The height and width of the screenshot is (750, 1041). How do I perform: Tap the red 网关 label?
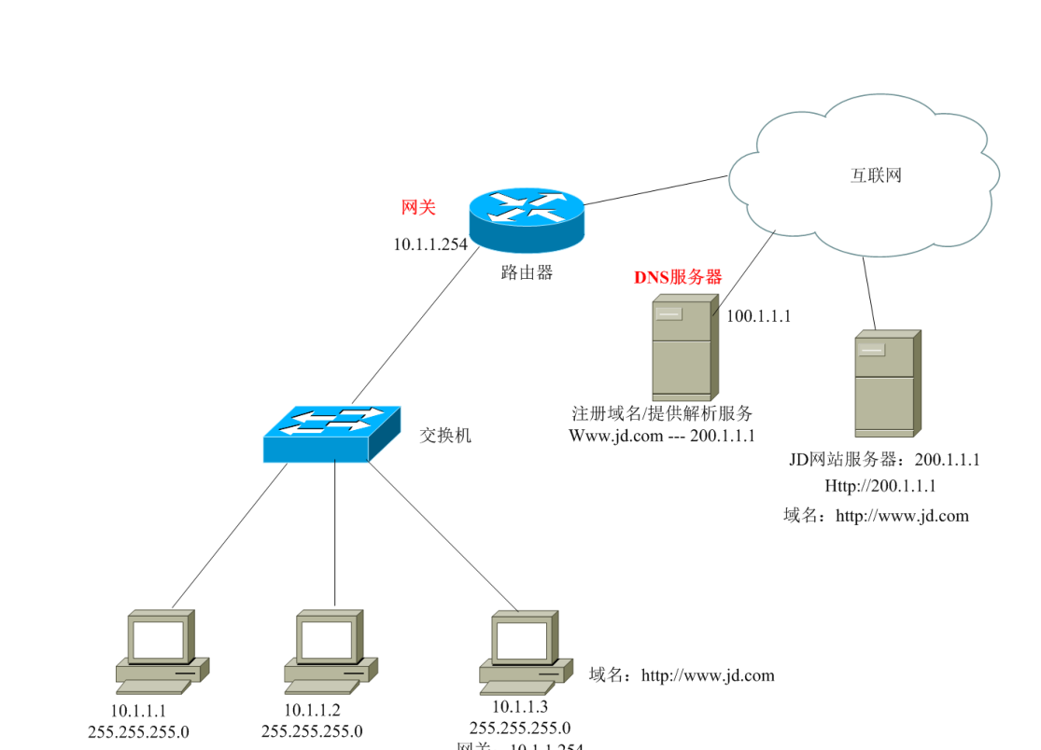418,207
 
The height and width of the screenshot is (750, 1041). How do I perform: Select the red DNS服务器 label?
679,277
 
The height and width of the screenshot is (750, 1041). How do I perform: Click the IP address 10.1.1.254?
429,244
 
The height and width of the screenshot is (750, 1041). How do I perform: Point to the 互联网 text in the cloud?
876,175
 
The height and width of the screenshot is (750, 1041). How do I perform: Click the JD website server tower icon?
887,382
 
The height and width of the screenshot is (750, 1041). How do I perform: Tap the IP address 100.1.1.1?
758,315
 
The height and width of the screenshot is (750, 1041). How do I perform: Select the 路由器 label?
527,272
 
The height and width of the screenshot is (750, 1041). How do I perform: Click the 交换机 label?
445,435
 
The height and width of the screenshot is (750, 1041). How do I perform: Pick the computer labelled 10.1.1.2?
329,651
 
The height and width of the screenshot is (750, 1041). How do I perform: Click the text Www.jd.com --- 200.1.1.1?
662,435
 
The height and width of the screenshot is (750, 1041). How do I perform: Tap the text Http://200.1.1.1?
879,486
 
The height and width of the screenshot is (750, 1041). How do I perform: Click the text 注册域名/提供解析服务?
662,413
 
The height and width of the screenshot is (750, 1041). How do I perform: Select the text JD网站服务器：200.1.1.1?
884,460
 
